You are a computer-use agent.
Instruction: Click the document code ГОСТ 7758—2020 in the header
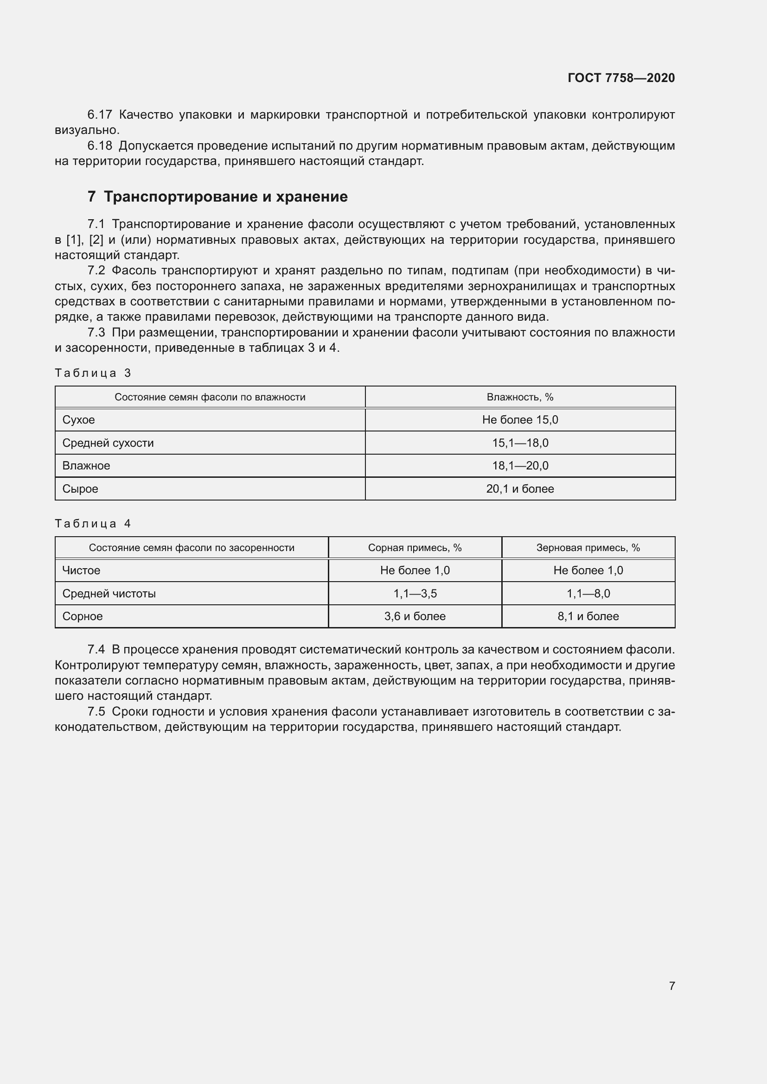tap(621, 78)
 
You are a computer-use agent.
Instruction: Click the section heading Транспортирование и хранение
tap(225, 197)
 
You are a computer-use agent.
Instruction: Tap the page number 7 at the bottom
tap(671, 986)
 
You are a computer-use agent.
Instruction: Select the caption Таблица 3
tap(93, 373)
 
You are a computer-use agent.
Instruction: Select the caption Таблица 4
tap(93, 524)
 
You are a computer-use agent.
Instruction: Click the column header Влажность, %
tap(520, 397)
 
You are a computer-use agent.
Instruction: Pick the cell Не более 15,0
tap(520, 420)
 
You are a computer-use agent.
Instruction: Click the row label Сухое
tap(78, 420)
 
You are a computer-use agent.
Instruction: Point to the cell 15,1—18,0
tap(520, 443)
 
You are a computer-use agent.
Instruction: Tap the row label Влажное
tap(86, 465)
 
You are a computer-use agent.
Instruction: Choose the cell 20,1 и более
tap(520, 488)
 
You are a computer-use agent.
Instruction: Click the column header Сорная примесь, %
tap(415, 548)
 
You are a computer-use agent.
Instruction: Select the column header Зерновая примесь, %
tap(588, 548)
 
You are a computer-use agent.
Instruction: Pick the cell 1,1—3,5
tap(415, 594)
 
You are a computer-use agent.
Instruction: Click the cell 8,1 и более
tap(588, 616)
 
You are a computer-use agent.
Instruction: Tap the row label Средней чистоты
tap(109, 594)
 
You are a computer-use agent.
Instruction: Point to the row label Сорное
tap(82, 616)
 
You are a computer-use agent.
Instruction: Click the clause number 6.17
tap(100, 115)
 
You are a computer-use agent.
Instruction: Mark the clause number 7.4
tap(96, 650)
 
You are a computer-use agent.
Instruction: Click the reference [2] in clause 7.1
tap(96, 240)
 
